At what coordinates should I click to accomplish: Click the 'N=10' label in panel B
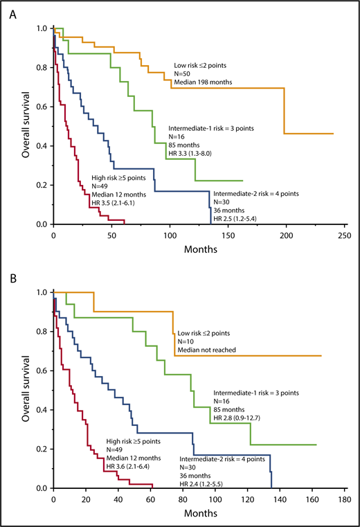186,341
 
